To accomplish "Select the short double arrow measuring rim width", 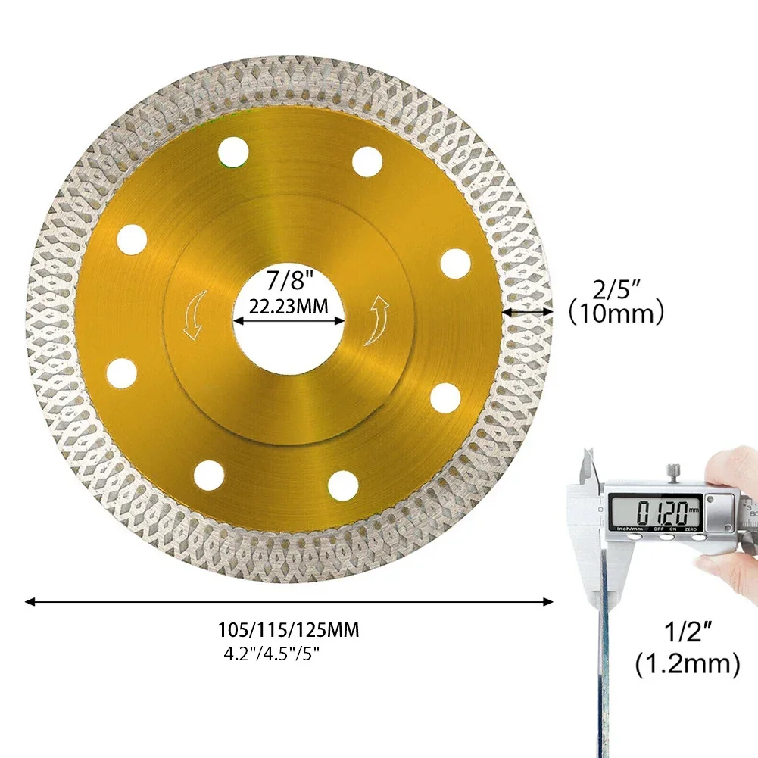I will (527, 310).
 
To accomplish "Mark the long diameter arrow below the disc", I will (289, 602).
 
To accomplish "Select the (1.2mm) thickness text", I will (686, 665).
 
